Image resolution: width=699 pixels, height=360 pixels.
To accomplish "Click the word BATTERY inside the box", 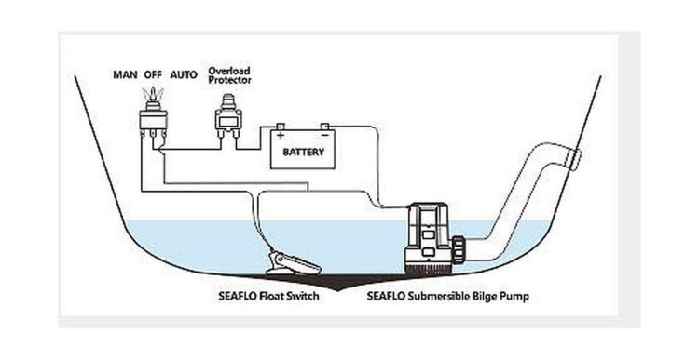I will tap(302, 152).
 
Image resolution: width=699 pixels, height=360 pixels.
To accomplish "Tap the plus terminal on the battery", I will tap(281, 128).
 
